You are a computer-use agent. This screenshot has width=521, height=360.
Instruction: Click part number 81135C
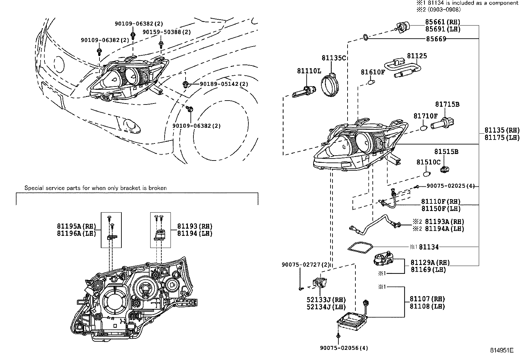[x=333, y=58]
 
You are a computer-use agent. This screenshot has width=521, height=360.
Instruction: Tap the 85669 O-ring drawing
[x=366, y=38]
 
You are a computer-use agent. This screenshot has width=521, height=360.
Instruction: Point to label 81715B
[x=447, y=104]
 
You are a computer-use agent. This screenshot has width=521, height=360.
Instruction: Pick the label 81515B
[x=446, y=152]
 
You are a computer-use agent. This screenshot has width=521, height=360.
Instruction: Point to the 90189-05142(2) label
[x=224, y=84]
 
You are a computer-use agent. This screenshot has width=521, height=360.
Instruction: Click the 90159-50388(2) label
[x=167, y=32]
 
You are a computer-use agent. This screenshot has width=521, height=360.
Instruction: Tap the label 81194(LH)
[x=195, y=234]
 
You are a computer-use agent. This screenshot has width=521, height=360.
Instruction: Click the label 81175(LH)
[x=502, y=138]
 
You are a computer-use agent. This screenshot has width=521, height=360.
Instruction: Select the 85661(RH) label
[x=442, y=22]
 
